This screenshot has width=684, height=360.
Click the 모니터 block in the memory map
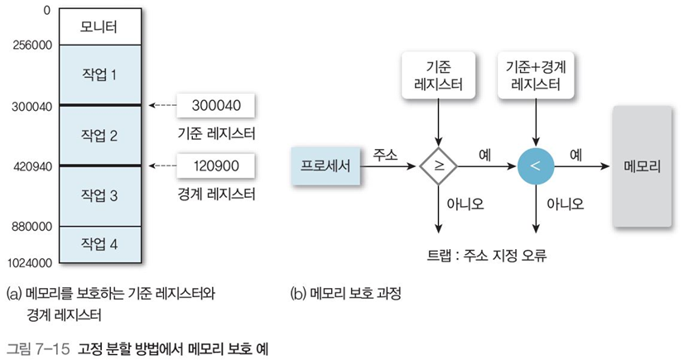click(x=99, y=27)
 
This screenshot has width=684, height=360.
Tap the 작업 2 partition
click(x=99, y=135)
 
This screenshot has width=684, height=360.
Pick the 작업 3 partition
click(x=99, y=195)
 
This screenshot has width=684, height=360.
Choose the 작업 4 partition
click(x=99, y=244)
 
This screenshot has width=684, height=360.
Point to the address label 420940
click(x=32, y=166)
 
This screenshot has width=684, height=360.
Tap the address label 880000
click(x=32, y=226)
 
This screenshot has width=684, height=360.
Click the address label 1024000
click(x=29, y=263)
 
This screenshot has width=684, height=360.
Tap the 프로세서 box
click(x=320, y=166)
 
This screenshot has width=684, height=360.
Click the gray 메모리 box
click(x=643, y=166)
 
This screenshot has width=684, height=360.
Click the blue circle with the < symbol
click(x=535, y=166)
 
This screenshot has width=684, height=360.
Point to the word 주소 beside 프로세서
click(x=385, y=155)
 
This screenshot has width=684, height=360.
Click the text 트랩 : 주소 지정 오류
click(x=484, y=256)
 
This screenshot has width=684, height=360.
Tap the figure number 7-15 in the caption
click(x=51, y=347)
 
